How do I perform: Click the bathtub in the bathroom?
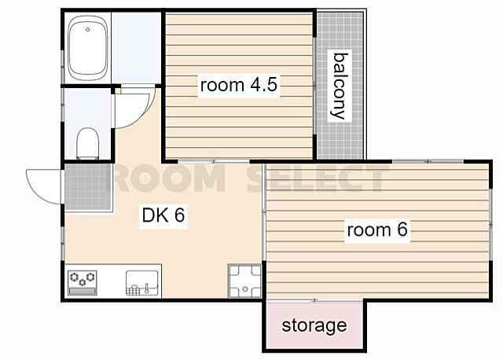pos(87,48)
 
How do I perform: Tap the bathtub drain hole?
pos(87,30)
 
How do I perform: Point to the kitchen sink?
pos(141,283)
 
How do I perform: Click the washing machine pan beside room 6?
pos(244,281)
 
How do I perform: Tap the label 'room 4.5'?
pos(239,85)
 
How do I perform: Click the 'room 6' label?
pos(377,230)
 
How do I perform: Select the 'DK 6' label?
pos(163,215)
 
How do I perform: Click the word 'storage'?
pos(314,325)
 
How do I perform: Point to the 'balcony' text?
pos(340,86)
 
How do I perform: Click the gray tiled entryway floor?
pos(88,187)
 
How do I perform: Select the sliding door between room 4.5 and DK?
pos(214,161)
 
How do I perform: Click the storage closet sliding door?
pos(314,300)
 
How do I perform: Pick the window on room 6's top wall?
pos(428,161)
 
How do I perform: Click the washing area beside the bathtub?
pos(136,48)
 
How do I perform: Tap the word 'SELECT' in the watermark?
pos(318,178)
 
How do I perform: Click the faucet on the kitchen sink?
pos(147,288)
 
